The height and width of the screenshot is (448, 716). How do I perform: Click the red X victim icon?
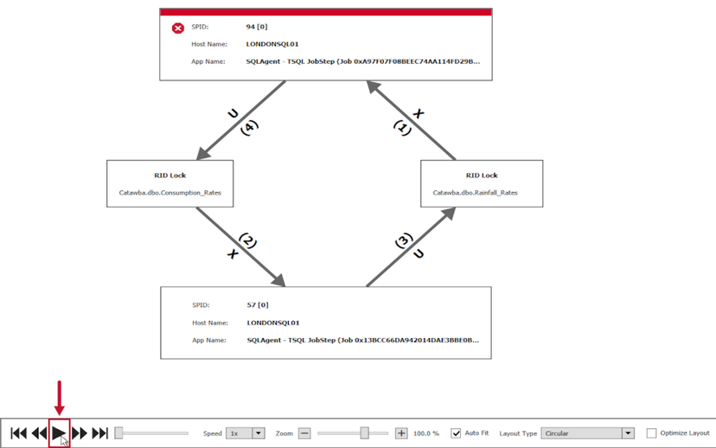coord(178,28)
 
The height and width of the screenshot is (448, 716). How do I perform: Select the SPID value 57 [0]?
coord(258,305)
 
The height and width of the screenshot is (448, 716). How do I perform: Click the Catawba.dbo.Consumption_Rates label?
coord(170,193)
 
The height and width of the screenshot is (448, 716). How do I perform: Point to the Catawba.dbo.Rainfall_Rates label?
coord(475,193)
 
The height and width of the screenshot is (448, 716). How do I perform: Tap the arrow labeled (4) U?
coord(241,121)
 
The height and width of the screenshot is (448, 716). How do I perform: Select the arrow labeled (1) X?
coord(412,121)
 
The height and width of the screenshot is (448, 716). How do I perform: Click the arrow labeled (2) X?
coord(240,246)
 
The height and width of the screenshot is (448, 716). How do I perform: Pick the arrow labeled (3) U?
coord(411,246)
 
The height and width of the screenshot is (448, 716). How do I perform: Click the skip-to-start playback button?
coord(19,433)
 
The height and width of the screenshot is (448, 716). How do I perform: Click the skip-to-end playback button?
coord(100,433)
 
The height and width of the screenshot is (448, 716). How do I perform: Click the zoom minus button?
coord(304,433)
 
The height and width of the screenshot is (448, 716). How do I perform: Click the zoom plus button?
coord(401,433)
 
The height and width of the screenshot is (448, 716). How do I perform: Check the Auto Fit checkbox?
coord(456,433)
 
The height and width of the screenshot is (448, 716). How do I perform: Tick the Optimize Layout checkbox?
coord(651,433)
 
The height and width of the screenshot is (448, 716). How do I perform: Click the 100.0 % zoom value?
coord(426,433)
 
